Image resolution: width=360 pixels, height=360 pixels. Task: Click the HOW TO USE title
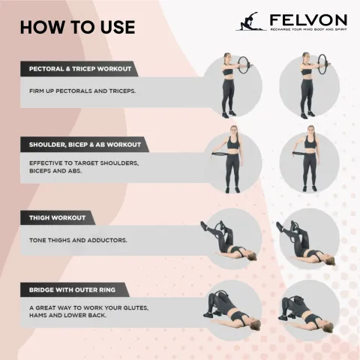[x=78, y=27]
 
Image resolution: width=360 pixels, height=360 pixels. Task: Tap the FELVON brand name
[x=308, y=20]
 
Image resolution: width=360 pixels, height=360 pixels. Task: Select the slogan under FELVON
[x=308, y=29]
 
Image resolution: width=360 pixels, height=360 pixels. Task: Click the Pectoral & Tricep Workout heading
[x=80, y=69]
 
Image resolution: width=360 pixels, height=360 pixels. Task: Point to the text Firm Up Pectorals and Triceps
[x=82, y=91]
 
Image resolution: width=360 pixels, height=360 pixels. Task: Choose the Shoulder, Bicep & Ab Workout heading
[x=85, y=145]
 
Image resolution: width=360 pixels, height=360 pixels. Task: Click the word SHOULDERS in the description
[x=119, y=163]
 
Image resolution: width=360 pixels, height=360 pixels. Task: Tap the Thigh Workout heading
[x=57, y=217]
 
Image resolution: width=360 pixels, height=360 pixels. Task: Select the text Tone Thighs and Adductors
[x=78, y=240]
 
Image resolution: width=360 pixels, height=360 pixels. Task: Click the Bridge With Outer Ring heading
[x=72, y=289]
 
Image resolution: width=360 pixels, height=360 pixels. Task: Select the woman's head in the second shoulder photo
[x=310, y=130]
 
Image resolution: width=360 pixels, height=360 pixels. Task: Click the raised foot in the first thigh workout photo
[x=204, y=226]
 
